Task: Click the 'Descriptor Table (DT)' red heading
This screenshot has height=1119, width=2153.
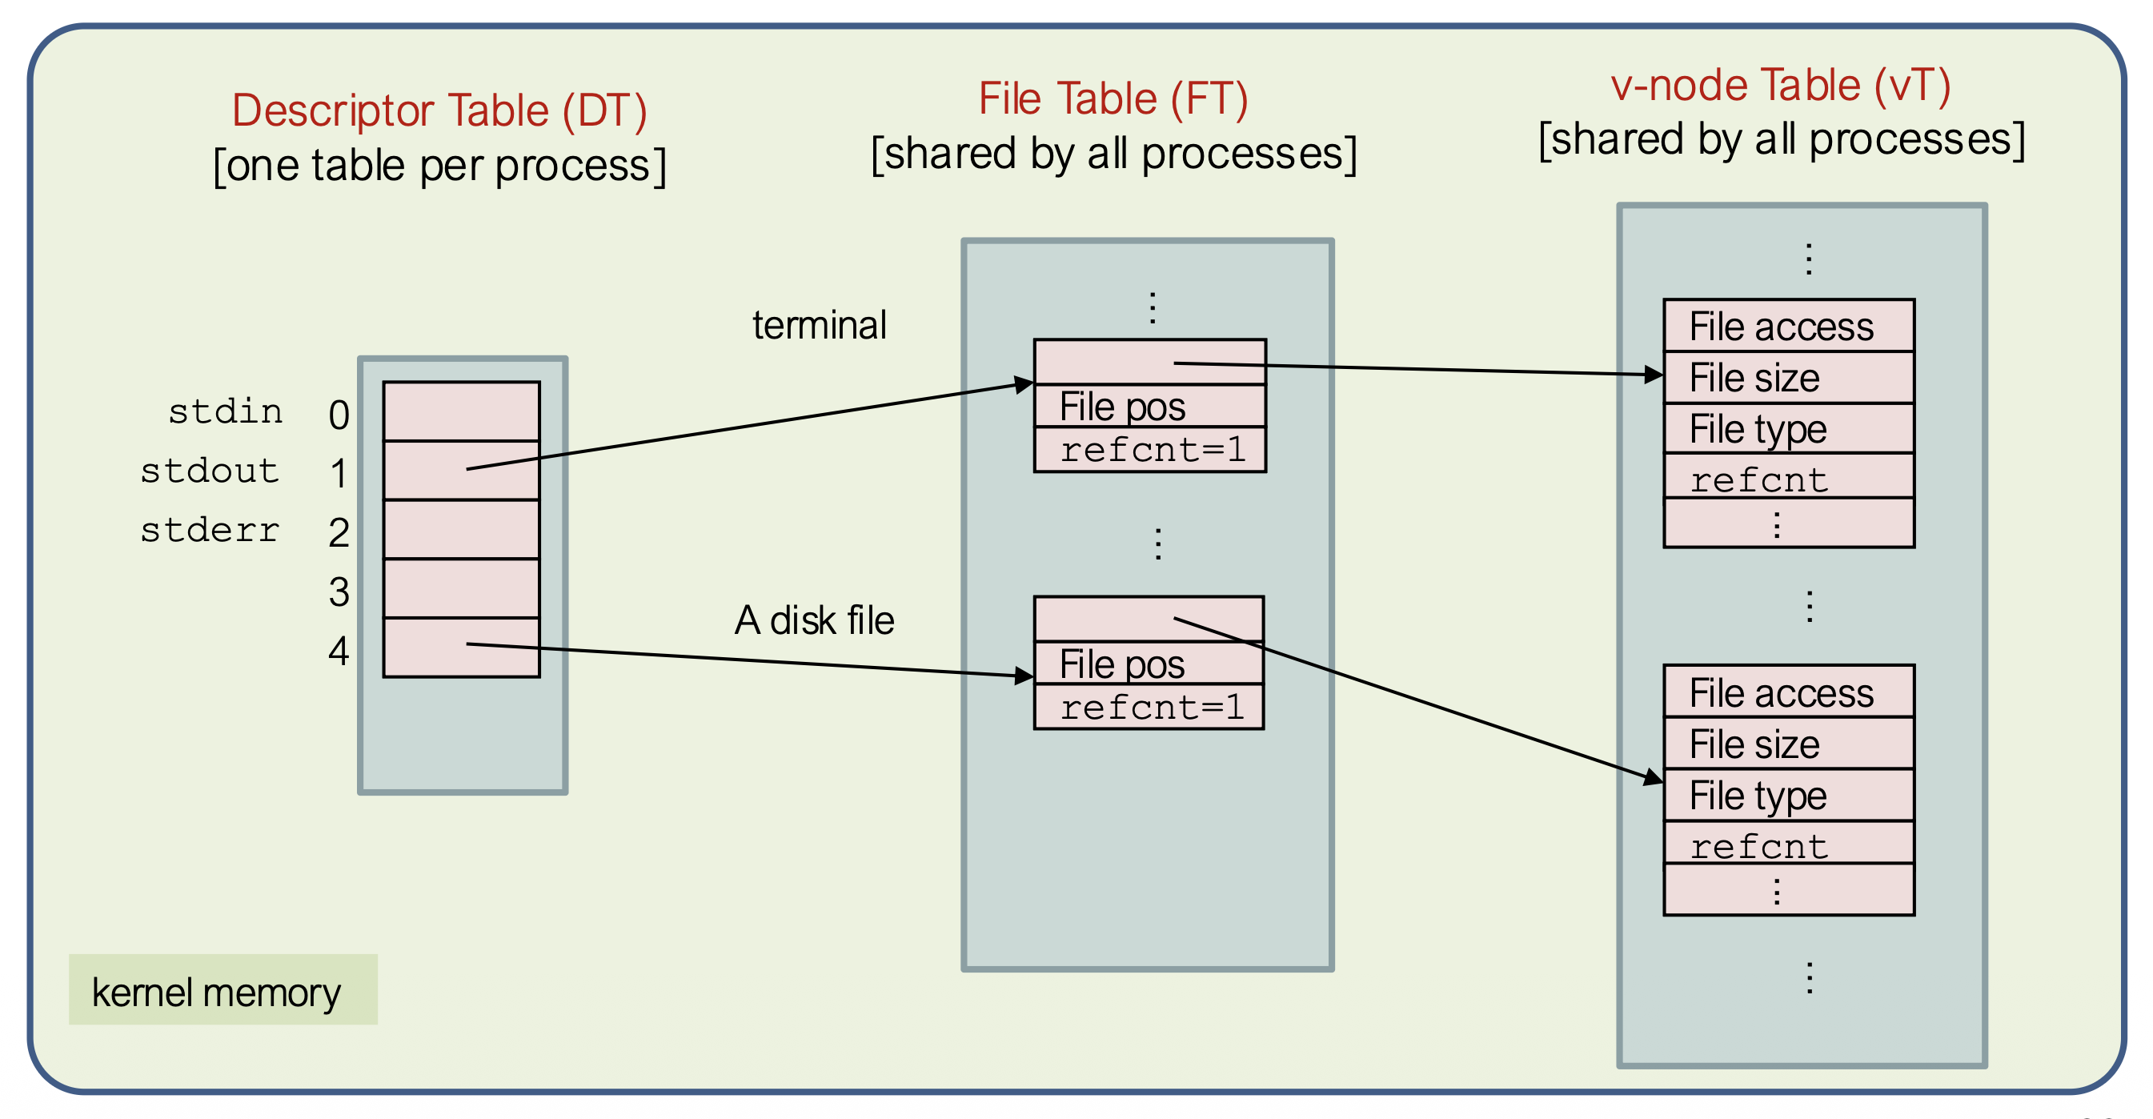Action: tap(439, 110)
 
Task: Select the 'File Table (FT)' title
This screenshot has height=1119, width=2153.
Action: tap(1113, 98)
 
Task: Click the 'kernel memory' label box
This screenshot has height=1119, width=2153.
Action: tap(223, 991)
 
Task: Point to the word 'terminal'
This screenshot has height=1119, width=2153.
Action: tap(819, 325)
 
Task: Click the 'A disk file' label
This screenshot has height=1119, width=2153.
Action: tap(814, 620)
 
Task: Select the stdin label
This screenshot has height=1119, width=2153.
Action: tap(225, 412)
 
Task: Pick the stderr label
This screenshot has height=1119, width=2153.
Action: tap(210, 531)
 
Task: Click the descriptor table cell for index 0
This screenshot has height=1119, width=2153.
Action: tap(461, 411)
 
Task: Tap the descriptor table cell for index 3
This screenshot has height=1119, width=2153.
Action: tap(461, 588)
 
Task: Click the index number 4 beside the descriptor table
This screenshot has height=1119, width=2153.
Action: tap(339, 651)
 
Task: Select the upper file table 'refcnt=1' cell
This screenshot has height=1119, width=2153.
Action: tap(1151, 451)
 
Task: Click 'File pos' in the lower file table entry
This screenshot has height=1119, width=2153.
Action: tap(1121, 664)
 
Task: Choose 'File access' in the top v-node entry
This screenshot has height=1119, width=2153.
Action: tap(1781, 327)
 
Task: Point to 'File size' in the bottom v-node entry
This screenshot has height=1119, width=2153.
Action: tap(1754, 744)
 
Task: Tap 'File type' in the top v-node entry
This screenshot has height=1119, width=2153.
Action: tap(1758, 430)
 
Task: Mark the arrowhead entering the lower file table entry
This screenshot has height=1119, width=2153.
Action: tap(1023, 676)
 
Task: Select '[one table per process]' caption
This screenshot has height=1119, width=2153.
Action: tap(439, 166)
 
